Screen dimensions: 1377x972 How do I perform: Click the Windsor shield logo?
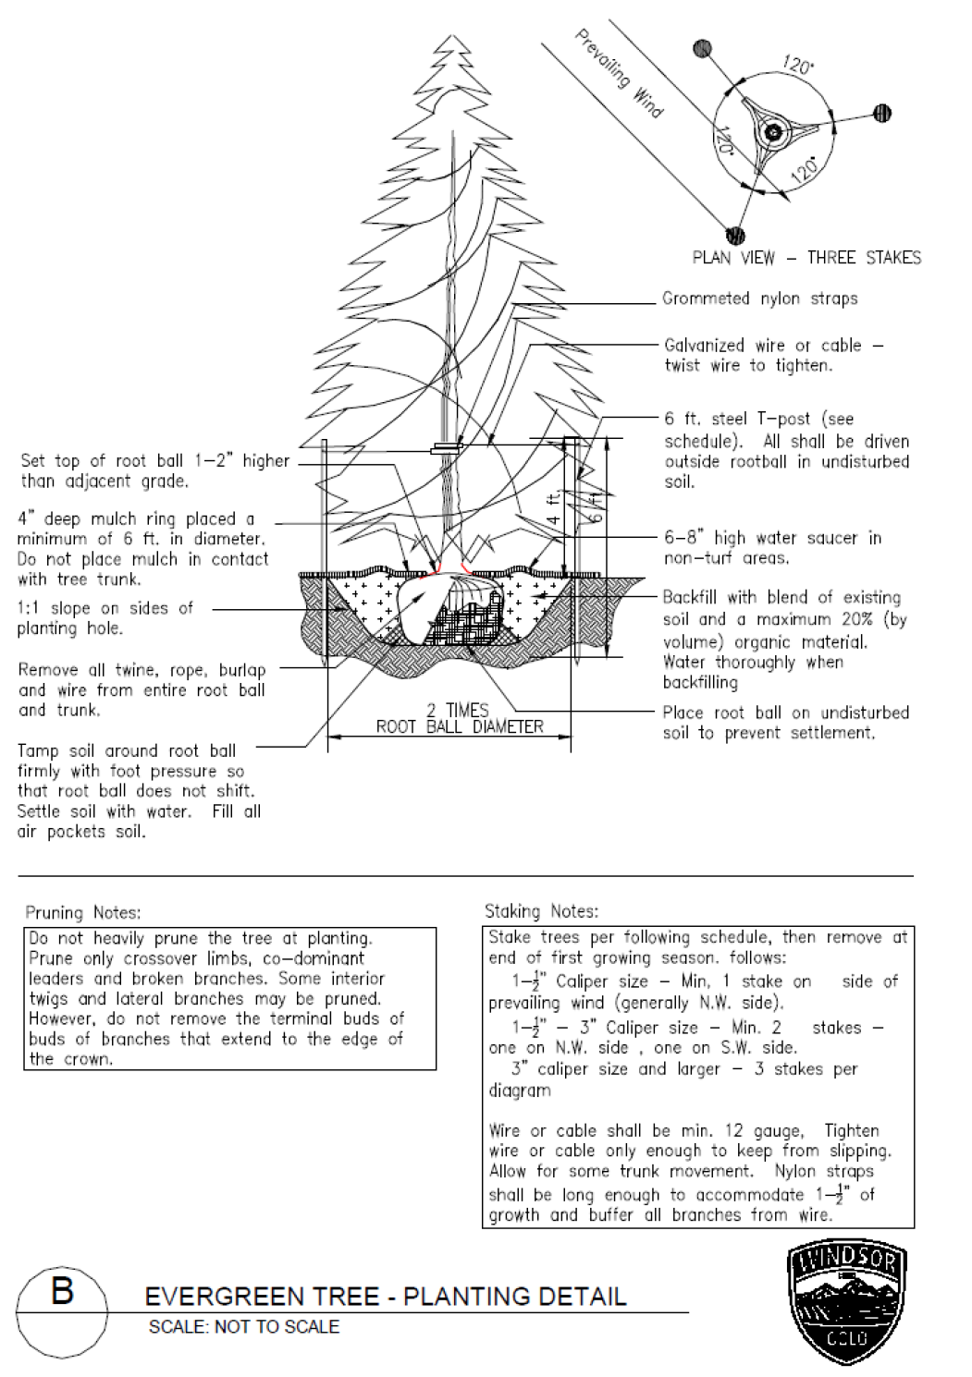click(x=845, y=1302)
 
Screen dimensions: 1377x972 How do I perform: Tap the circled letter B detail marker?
click(x=61, y=1290)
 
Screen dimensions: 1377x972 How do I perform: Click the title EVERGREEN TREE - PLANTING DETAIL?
click(x=386, y=1296)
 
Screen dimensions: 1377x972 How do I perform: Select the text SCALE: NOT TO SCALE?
click(x=244, y=1327)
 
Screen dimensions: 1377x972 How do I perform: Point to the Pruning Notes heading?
click(x=83, y=912)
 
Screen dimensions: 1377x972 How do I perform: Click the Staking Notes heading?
click(x=541, y=911)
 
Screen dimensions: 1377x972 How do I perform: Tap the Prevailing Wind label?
click(x=619, y=73)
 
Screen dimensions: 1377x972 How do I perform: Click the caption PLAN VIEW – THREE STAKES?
click(x=806, y=258)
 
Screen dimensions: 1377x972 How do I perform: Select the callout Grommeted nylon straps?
click(x=760, y=299)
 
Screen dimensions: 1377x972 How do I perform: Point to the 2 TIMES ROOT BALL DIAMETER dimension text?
click(x=459, y=718)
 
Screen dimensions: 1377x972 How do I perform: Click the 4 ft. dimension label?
click(x=553, y=509)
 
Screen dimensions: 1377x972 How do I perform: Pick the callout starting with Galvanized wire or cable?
click(x=773, y=355)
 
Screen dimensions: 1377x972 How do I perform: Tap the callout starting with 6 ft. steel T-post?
click(x=786, y=450)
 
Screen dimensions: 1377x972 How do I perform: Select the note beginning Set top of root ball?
click(x=154, y=470)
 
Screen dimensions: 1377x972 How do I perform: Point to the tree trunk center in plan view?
click(x=769, y=132)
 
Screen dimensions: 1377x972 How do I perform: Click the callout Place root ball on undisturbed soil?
click(x=785, y=723)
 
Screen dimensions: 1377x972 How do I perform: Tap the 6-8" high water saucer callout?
click(x=773, y=547)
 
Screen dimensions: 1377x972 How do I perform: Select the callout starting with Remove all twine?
click(x=141, y=689)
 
